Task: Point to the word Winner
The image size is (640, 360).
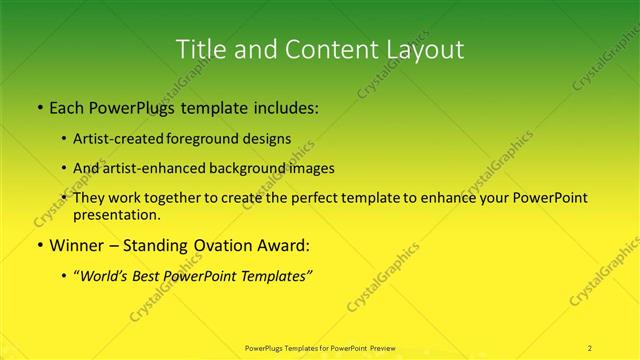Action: click(77, 245)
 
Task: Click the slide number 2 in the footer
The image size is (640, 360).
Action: click(589, 347)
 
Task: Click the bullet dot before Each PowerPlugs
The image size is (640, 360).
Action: click(39, 108)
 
